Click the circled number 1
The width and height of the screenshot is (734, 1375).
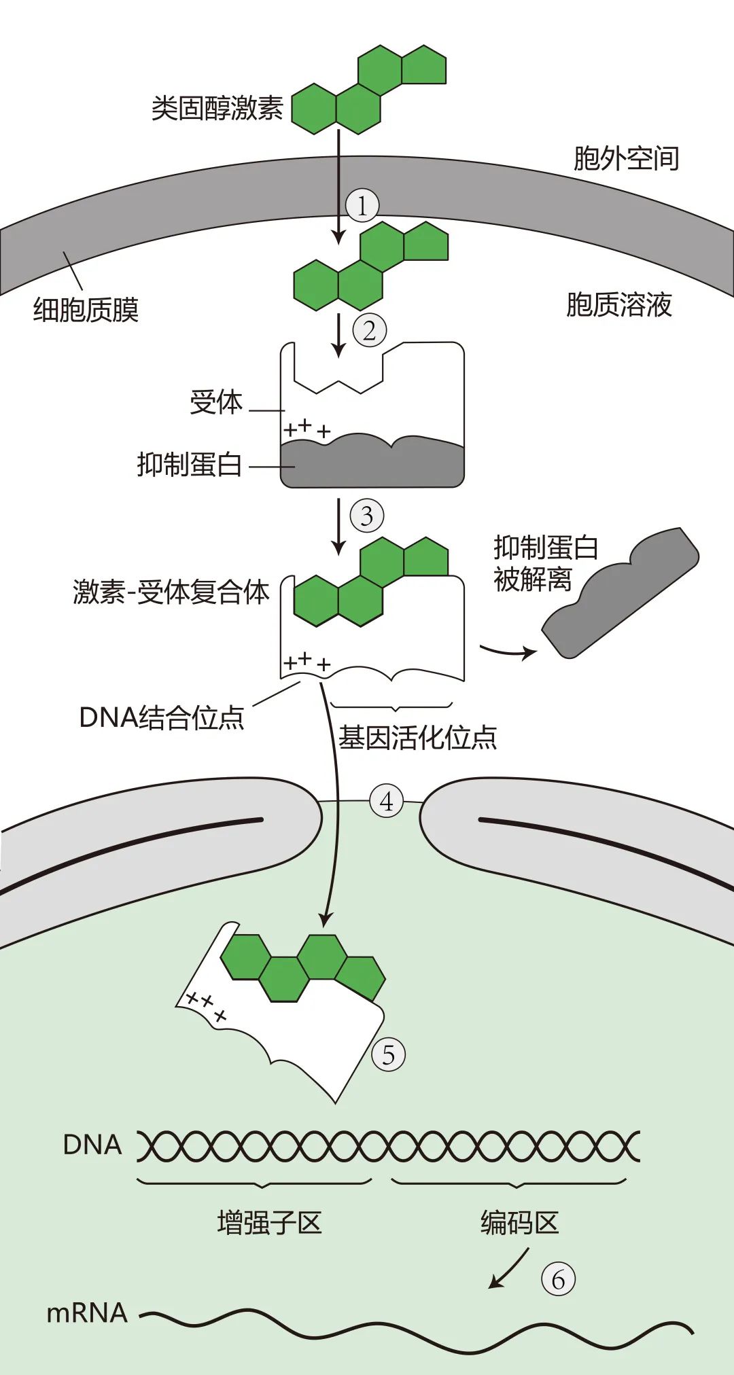pos(362,205)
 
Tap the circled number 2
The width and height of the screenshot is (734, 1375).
pos(369,331)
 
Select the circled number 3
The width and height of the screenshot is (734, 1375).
pos(367,516)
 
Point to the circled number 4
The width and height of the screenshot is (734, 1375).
pos(386,802)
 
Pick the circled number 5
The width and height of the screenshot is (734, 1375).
pos(388,1055)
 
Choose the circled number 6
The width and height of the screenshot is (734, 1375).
pos(558,1279)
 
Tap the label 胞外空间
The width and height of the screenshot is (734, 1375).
pos(626,158)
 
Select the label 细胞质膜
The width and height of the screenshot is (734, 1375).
pos(86,310)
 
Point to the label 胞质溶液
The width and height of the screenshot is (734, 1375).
pos(618,305)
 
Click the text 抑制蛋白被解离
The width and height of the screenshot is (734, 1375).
pos(545,564)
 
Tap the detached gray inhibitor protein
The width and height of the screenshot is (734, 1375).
pos(620,592)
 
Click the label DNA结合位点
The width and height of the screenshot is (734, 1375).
pos(162,717)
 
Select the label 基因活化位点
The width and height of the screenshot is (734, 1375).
pos(417,738)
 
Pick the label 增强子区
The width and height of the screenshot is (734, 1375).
pos(269,1223)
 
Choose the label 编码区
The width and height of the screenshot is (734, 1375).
pos(519,1223)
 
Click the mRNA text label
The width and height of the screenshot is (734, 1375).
pos(87,1313)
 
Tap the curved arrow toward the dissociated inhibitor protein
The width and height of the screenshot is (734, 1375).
pos(508,652)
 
